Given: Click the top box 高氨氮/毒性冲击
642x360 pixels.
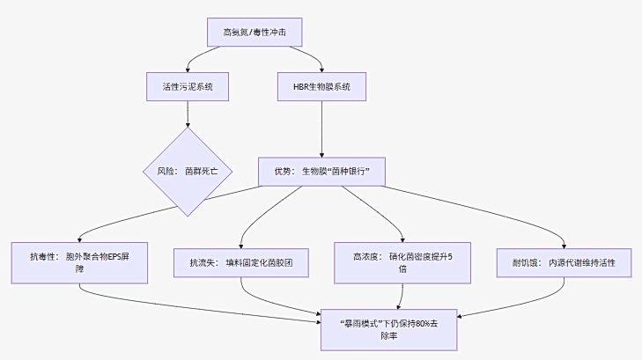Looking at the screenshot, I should [x=254, y=33].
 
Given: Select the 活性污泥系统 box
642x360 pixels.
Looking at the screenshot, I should [x=187, y=86].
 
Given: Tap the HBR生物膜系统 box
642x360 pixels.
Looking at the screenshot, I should [x=322, y=86].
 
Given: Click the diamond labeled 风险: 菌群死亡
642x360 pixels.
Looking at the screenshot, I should [x=187, y=172].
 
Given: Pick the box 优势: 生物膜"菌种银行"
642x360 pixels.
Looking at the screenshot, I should [x=322, y=172].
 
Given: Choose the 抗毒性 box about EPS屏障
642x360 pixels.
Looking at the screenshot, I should [x=79, y=262].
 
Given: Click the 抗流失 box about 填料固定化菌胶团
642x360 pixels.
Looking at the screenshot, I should [x=241, y=262].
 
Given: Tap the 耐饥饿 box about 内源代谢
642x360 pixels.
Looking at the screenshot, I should [x=565, y=262].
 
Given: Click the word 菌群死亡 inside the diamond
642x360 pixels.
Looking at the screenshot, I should [x=208, y=172].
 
